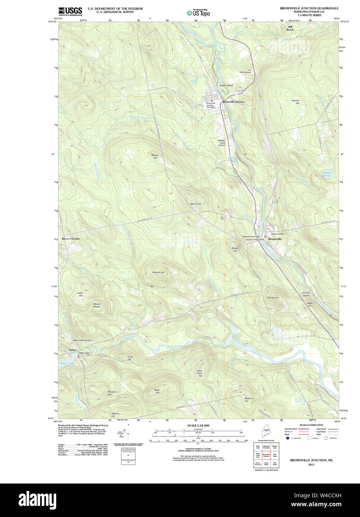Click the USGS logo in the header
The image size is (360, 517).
[70, 11]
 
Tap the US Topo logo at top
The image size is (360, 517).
[198, 13]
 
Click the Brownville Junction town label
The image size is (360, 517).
[233, 102]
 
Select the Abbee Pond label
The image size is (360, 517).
[326, 174]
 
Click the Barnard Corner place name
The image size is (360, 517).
[71, 238]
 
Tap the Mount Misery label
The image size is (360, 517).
[97, 305]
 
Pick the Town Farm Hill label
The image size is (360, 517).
[200, 373]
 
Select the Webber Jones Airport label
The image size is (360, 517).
[222, 143]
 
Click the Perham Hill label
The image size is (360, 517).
[158, 272]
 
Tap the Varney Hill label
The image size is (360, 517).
[273, 298]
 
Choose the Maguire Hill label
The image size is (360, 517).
[249, 399]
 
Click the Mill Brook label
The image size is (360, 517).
[290, 28]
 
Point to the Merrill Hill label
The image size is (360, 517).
[195, 204]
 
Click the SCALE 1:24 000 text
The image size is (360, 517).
[198, 426]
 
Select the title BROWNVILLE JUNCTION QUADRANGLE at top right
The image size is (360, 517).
[309, 8]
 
